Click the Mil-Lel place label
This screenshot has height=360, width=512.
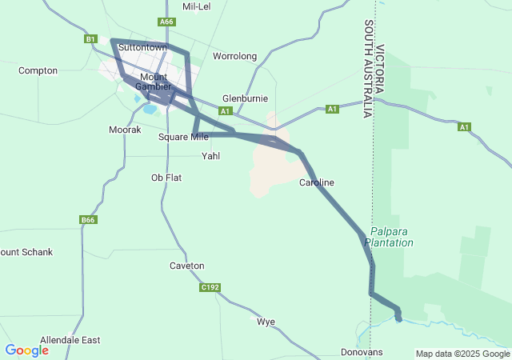[196, 6]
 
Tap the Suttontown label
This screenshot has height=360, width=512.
[142, 47]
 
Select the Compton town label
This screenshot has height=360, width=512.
[38, 70]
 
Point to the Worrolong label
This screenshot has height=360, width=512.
[234, 56]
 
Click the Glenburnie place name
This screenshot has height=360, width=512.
[245, 98]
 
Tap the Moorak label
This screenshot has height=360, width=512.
[125, 129]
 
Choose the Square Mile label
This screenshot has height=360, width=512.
[183, 137]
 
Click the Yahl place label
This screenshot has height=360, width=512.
[210, 156]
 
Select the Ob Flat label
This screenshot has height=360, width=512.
[166, 178]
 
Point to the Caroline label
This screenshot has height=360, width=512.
[317, 182]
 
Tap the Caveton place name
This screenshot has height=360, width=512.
[187, 266]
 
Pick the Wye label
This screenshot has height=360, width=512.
[266, 322]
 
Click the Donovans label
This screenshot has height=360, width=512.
[362, 352]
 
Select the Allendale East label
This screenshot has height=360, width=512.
[70, 340]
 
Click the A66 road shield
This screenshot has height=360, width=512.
[166, 22]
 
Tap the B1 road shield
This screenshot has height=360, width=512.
[90, 38]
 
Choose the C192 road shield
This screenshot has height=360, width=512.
[210, 287]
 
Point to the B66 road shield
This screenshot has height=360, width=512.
[88, 220]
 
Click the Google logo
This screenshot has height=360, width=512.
[26, 350]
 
